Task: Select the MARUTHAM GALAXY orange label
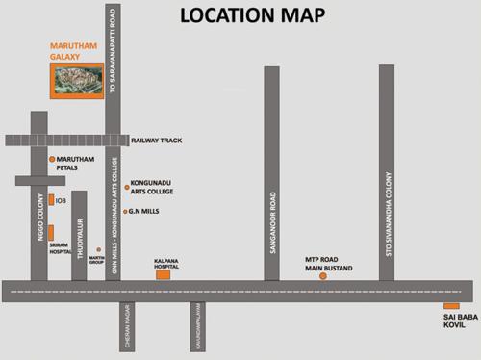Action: pyautogui.click(x=67, y=51)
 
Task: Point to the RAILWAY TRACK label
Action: pyautogui.click(x=157, y=141)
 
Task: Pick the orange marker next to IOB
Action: pyautogui.click(x=50, y=200)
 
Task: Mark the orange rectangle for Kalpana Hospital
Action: pyautogui.click(x=163, y=274)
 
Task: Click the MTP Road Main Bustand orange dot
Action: pyautogui.click(x=323, y=275)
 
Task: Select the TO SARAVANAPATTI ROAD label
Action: pyautogui.click(x=114, y=64)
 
